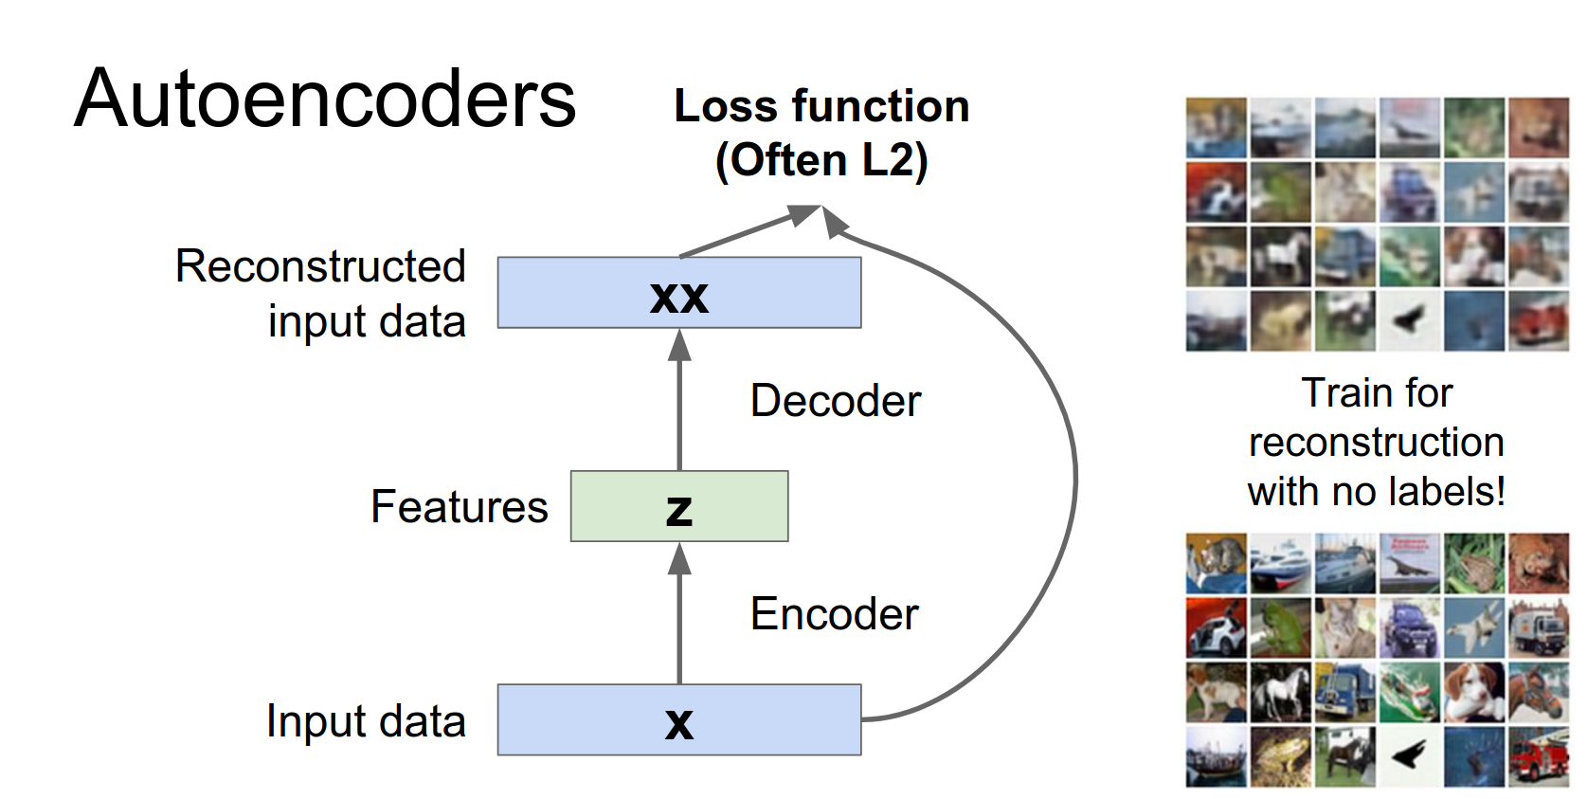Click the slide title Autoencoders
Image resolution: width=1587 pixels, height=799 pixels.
325,100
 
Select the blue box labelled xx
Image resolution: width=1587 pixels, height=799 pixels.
678,293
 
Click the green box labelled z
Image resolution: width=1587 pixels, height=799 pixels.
678,506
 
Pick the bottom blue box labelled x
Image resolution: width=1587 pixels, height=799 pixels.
678,720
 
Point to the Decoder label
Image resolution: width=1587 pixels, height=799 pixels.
835,401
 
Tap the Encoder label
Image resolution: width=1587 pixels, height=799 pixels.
834,614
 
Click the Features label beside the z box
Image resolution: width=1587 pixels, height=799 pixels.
459,507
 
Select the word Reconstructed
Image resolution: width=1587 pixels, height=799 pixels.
320,266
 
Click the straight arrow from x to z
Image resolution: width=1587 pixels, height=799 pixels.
679,616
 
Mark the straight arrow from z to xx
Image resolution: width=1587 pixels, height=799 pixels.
679,403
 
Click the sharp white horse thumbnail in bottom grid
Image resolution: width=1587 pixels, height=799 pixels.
1280,692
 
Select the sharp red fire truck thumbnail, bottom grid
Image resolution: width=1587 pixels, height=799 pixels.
1539,756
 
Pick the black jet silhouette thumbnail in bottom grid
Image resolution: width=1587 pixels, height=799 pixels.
1409,756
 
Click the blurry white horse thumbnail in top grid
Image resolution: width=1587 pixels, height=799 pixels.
1280,256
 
